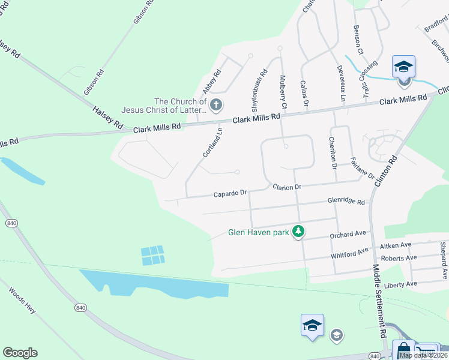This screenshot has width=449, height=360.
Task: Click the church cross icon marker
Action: click(216, 105)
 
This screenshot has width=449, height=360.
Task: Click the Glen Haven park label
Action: click(258, 232)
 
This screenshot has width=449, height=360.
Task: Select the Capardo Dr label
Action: click(231, 194)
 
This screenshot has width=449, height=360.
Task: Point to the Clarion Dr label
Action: click(286, 188)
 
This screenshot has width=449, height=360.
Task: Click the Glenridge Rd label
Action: click(346, 202)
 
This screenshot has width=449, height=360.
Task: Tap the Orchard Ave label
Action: click(348, 234)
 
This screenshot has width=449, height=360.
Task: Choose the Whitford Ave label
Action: click(349, 254)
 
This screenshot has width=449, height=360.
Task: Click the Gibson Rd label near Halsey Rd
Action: click(94, 82)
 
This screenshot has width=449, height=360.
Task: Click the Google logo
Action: click(20, 353)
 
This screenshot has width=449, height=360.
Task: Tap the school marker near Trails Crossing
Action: click(403, 67)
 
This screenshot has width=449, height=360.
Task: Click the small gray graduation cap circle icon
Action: click(337, 334)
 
